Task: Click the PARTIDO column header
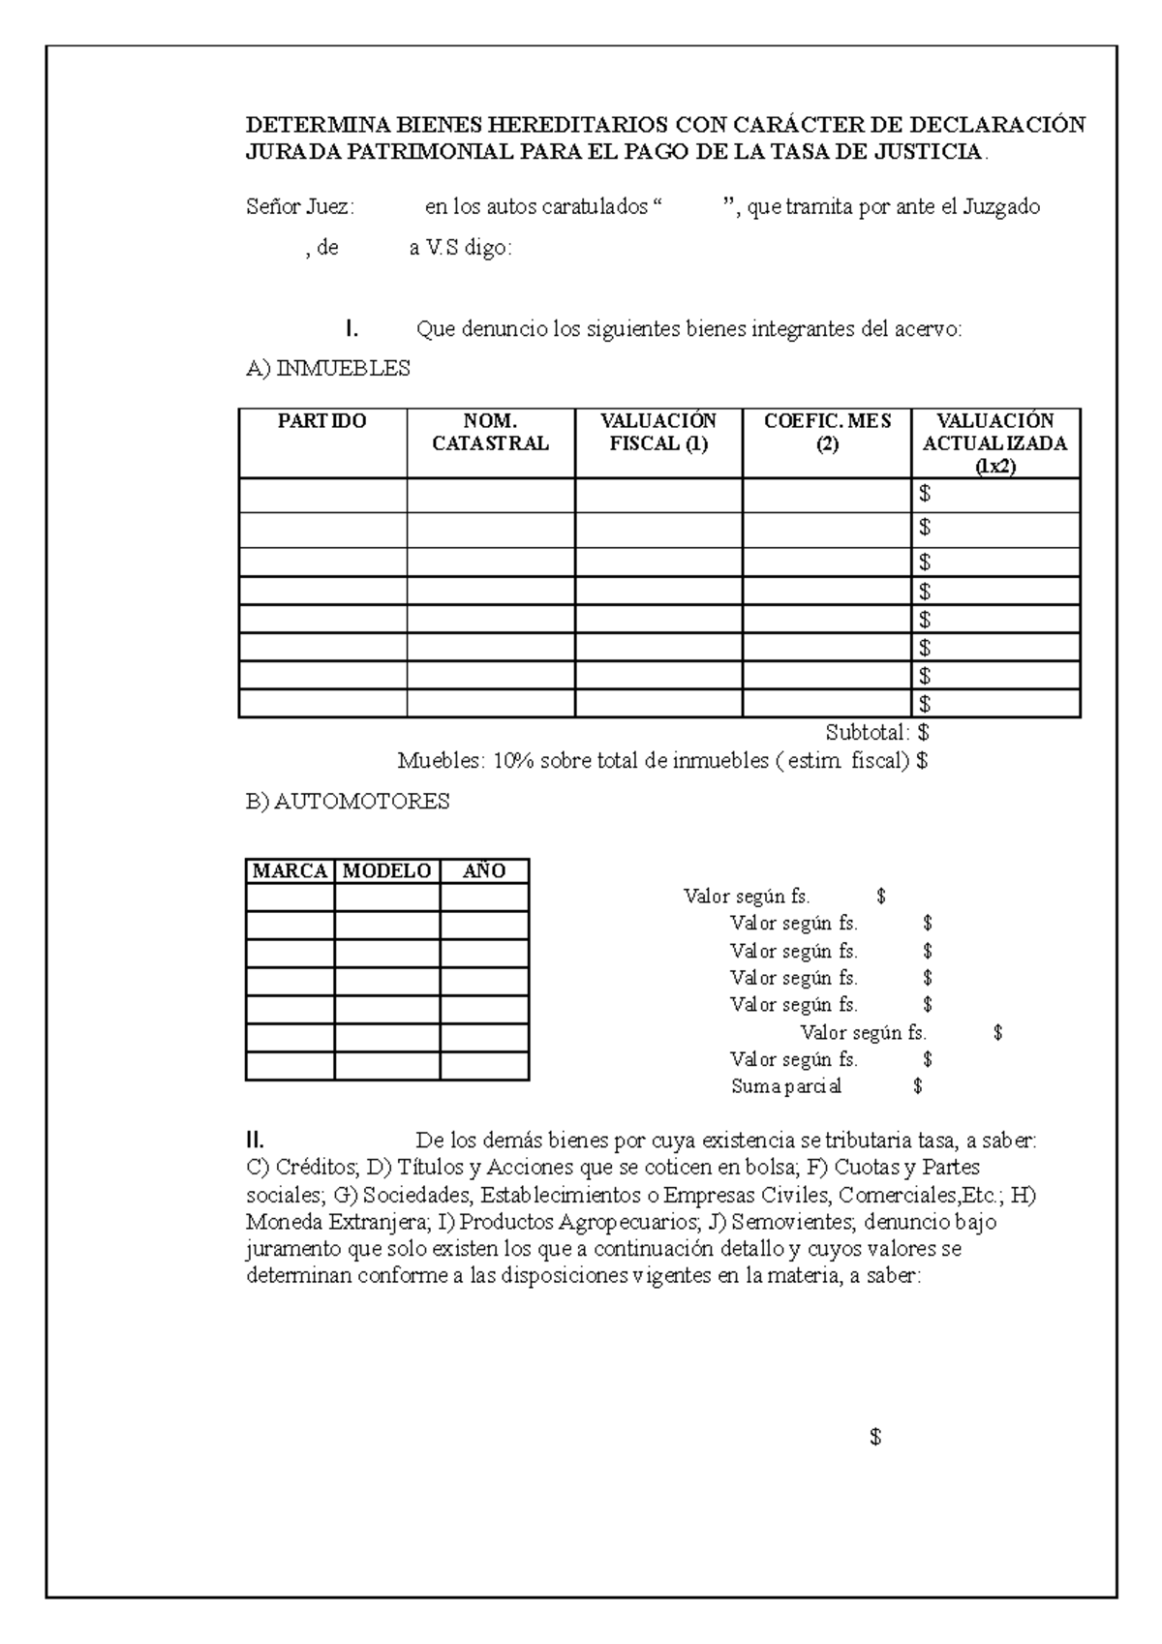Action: pos(321,421)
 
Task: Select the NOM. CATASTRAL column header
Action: pos(490,432)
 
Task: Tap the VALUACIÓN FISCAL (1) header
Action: pos(657,432)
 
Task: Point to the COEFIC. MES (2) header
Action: pos(826,432)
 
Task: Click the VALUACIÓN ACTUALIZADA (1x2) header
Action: pos(994,442)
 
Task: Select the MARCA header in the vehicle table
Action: pos(290,870)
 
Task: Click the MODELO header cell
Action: pos(386,870)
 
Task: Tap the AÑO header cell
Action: pos(483,870)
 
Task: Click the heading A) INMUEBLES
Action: pos(328,369)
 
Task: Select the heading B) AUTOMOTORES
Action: pos(348,802)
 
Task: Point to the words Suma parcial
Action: pos(785,1086)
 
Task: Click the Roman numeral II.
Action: pos(256,1140)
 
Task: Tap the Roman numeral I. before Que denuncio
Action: pos(352,330)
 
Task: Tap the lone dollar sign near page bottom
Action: pos(875,1438)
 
